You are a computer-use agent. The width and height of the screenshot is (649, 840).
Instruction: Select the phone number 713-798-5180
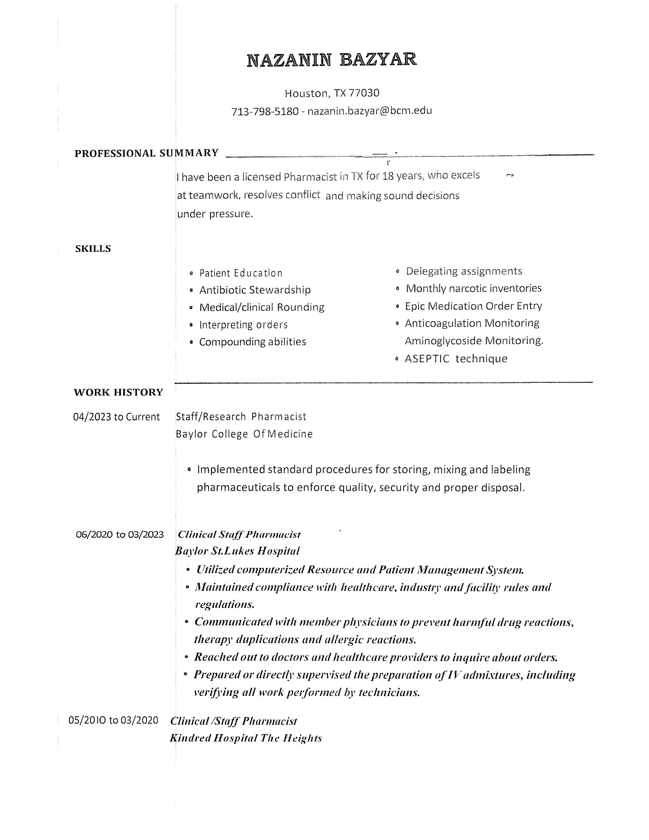(x=265, y=111)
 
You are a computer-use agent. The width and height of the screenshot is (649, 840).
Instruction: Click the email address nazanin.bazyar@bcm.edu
(x=370, y=111)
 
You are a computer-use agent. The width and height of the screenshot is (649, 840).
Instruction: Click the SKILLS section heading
(x=93, y=248)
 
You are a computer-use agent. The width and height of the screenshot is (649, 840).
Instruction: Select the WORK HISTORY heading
(x=118, y=392)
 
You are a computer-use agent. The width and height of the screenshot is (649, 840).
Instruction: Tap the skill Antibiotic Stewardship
(x=255, y=290)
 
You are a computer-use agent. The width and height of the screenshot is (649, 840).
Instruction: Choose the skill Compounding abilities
(x=253, y=342)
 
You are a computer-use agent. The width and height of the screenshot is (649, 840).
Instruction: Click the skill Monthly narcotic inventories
(x=474, y=288)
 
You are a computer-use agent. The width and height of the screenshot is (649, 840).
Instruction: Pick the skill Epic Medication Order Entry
(x=473, y=306)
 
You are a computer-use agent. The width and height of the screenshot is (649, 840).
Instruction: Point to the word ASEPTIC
(x=427, y=359)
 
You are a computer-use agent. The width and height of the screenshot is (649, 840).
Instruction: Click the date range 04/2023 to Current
(x=116, y=417)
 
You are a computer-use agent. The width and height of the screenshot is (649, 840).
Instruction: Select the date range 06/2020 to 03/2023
(x=120, y=535)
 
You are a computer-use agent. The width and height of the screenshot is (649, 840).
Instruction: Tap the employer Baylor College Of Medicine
(x=244, y=434)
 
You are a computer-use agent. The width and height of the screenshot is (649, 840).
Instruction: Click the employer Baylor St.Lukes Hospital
(x=237, y=551)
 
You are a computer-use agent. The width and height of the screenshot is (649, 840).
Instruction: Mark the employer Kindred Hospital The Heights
(x=246, y=738)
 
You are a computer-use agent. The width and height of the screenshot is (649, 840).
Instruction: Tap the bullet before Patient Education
(x=191, y=273)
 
